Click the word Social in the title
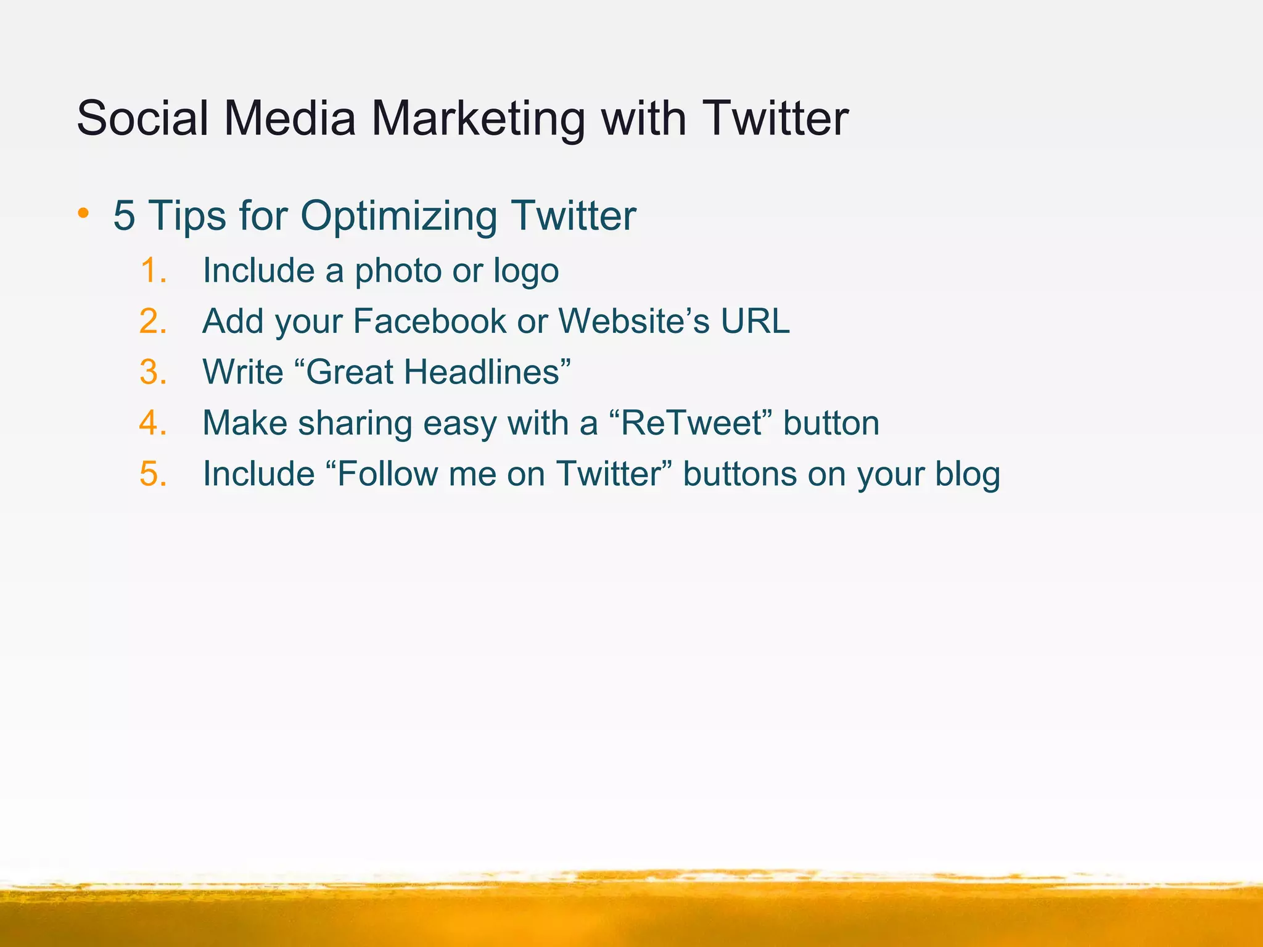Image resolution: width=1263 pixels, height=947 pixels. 142,118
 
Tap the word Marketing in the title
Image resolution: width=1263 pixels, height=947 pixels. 477,119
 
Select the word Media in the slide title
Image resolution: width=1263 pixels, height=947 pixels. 290,118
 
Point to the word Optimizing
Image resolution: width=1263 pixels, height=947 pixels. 399,216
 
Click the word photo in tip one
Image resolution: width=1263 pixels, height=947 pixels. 398,271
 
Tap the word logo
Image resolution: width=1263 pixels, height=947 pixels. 525,271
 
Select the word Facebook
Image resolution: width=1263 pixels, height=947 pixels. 430,321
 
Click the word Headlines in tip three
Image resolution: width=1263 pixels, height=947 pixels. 482,372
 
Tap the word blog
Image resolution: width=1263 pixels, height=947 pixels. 968,475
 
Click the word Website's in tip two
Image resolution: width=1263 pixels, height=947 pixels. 634,321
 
